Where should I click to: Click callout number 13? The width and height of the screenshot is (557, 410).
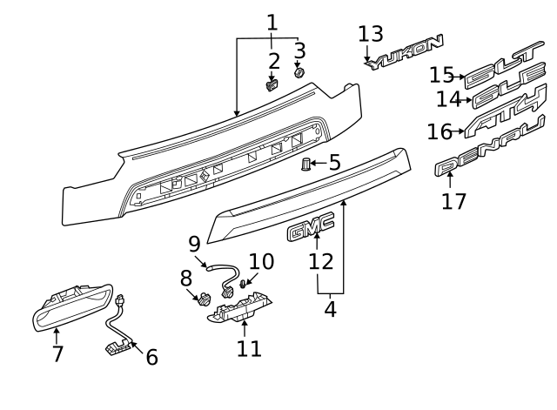[371, 34]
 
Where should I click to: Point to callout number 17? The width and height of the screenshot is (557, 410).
[453, 201]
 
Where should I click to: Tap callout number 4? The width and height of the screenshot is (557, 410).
[330, 308]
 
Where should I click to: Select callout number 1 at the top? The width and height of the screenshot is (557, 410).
[272, 22]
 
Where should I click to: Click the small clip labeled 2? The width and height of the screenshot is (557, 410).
[271, 84]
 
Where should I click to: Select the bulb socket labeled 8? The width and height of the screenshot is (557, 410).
[205, 301]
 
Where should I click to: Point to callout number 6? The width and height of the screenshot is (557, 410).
[151, 356]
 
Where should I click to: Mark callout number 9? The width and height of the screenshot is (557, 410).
[194, 243]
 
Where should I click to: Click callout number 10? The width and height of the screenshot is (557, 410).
[261, 261]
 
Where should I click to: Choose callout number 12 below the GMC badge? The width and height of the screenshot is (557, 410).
[320, 260]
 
